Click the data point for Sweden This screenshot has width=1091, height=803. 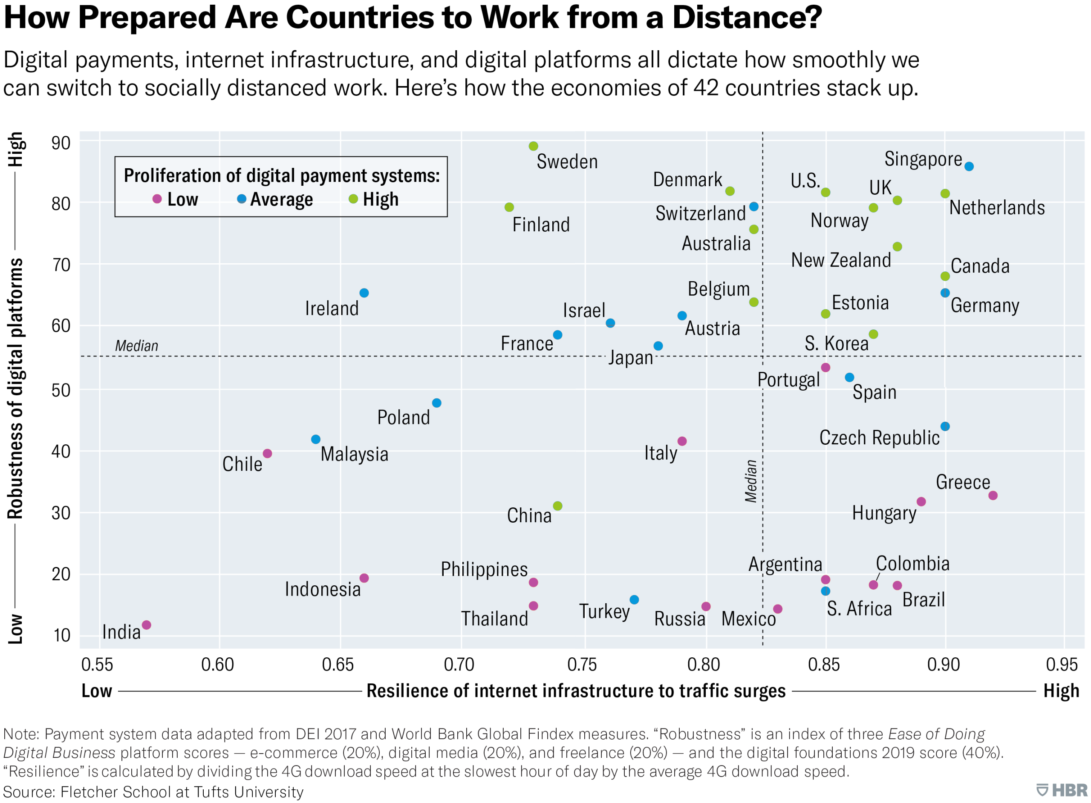tap(533, 146)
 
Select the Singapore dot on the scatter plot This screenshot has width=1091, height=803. tap(969, 166)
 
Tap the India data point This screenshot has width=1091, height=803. tap(146, 625)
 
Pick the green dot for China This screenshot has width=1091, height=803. tap(558, 506)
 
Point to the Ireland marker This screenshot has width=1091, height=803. tap(364, 293)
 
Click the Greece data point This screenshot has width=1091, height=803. tap(993, 495)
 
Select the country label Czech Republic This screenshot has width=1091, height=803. tap(879, 437)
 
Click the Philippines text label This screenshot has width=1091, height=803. tap(484, 569)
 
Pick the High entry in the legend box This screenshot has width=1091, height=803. tap(374, 199)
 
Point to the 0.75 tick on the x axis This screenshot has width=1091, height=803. tap(582, 665)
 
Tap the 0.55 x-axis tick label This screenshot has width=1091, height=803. tap(97, 665)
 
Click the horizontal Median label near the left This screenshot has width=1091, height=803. tap(137, 345)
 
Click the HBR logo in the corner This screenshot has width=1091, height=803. tap(1062, 790)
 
